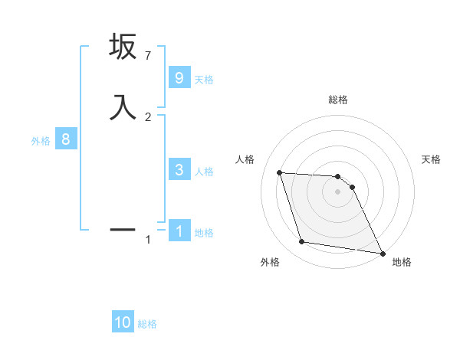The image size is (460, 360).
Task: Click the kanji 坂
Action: pyautogui.click(x=123, y=47)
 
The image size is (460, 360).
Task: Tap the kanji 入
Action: pyautogui.click(x=123, y=106)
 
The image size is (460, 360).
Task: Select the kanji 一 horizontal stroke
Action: pyautogui.click(x=123, y=229)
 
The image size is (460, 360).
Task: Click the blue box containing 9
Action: pyautogui.click(x=179, y=78)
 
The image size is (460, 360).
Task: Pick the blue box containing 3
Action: pyautogui.click(x=179, y=170)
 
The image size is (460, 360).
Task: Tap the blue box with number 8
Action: pyautogui.click(x=66, y=140)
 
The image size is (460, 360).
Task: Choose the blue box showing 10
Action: pyautogui.click(x=123, y=322)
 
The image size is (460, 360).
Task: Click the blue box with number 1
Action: pyautogui.click(x=179, y=231)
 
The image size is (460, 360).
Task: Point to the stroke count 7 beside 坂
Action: pyautogui.click(x=148, y=56)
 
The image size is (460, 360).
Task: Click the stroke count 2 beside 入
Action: pyautogui.click(x=148, y=116)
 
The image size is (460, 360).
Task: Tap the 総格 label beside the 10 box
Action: pyautogui.click(x=147, y=324)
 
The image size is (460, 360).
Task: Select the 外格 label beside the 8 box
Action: pyautogui.click(x=41, y=141)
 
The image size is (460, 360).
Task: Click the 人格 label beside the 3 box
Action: pyautogui.click(x=204, y=172)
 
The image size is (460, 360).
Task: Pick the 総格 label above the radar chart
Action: pyautogui.click(x=338, y=100)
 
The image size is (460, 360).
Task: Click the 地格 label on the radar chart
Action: pyautogui.click(x=402, y=263)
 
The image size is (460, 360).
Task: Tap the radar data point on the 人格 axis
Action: pyautogui.click(x=279, y=172)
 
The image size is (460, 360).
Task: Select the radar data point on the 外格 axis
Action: pyautogui.click(x=302, y=242)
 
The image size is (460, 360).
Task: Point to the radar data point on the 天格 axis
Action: pyautogui.click(x=352, y=187)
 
